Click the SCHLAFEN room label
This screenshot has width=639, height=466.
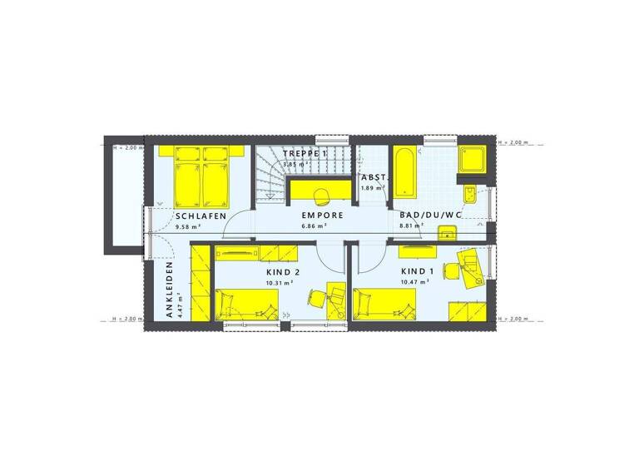201,216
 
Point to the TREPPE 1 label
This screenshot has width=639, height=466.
305,155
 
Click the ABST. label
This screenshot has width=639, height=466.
371,178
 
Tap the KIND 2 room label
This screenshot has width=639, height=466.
283,272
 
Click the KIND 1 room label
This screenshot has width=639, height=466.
418,272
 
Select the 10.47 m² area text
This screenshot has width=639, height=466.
414,282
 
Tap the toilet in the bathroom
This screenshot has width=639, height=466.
471,194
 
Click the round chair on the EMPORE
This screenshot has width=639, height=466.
323,193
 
